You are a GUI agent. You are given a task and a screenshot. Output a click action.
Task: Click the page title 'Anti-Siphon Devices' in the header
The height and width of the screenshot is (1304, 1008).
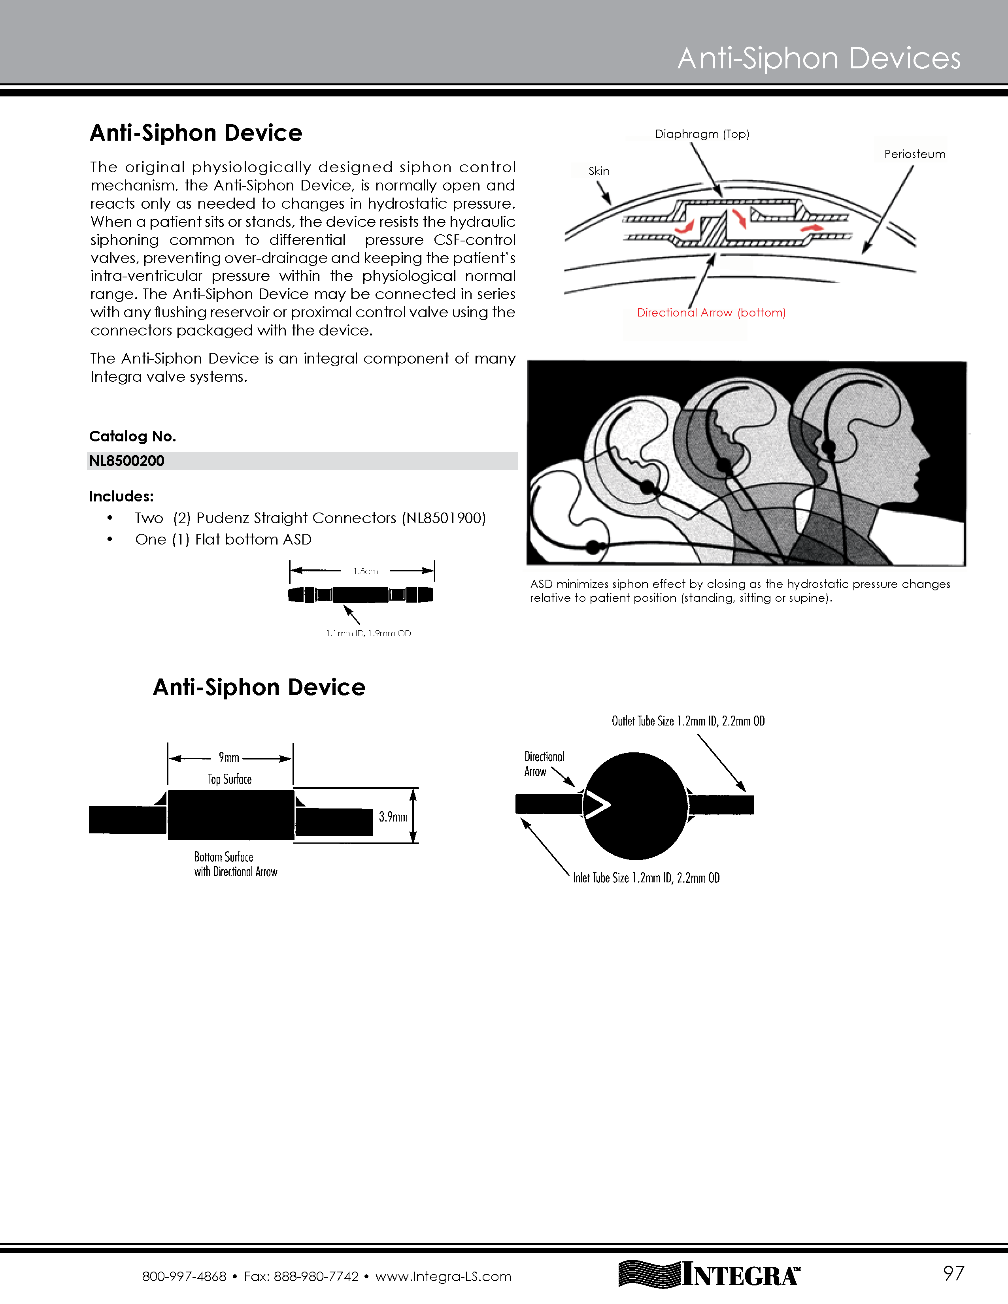point(819,58)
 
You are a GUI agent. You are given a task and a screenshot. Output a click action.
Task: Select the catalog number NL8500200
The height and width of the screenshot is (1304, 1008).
point(126,461)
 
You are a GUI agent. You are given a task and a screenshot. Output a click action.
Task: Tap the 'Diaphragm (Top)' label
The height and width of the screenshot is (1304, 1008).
point(702,134)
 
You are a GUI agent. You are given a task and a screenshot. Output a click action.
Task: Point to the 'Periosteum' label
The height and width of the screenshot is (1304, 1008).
point(914,154)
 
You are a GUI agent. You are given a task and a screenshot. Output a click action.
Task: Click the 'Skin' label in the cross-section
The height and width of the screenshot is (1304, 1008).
point(599,171)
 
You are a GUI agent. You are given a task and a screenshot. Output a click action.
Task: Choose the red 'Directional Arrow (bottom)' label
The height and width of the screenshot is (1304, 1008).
point(711,312)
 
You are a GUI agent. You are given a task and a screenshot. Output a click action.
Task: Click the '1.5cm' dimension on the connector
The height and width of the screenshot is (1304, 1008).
point(366,571)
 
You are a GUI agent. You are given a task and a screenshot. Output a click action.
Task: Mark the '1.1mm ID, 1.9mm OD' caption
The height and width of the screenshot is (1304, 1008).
point(368,633)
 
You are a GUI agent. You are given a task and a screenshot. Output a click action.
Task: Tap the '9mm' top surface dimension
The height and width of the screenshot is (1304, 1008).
point(229,758)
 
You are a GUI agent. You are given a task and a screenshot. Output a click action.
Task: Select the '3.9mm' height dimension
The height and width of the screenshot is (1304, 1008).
point(393,816)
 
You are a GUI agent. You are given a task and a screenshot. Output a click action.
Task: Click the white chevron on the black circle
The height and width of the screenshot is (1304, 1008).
point(597,805)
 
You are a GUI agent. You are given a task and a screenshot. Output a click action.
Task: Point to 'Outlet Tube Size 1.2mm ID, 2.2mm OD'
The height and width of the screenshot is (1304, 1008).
point(688,721)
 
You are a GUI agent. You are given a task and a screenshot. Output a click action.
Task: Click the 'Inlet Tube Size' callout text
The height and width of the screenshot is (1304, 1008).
point(646,878)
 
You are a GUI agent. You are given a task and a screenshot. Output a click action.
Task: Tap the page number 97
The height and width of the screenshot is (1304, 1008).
point(953,1274)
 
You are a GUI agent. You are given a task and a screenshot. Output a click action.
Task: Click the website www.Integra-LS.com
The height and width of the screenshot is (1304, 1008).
point(443,1276)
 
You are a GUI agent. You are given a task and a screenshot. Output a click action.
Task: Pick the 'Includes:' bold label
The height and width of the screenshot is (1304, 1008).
point(121,496)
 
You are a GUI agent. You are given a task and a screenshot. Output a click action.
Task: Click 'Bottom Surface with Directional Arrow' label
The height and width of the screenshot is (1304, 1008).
point(235,864)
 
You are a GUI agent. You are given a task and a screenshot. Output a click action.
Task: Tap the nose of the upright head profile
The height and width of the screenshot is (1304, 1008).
point(925,456)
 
